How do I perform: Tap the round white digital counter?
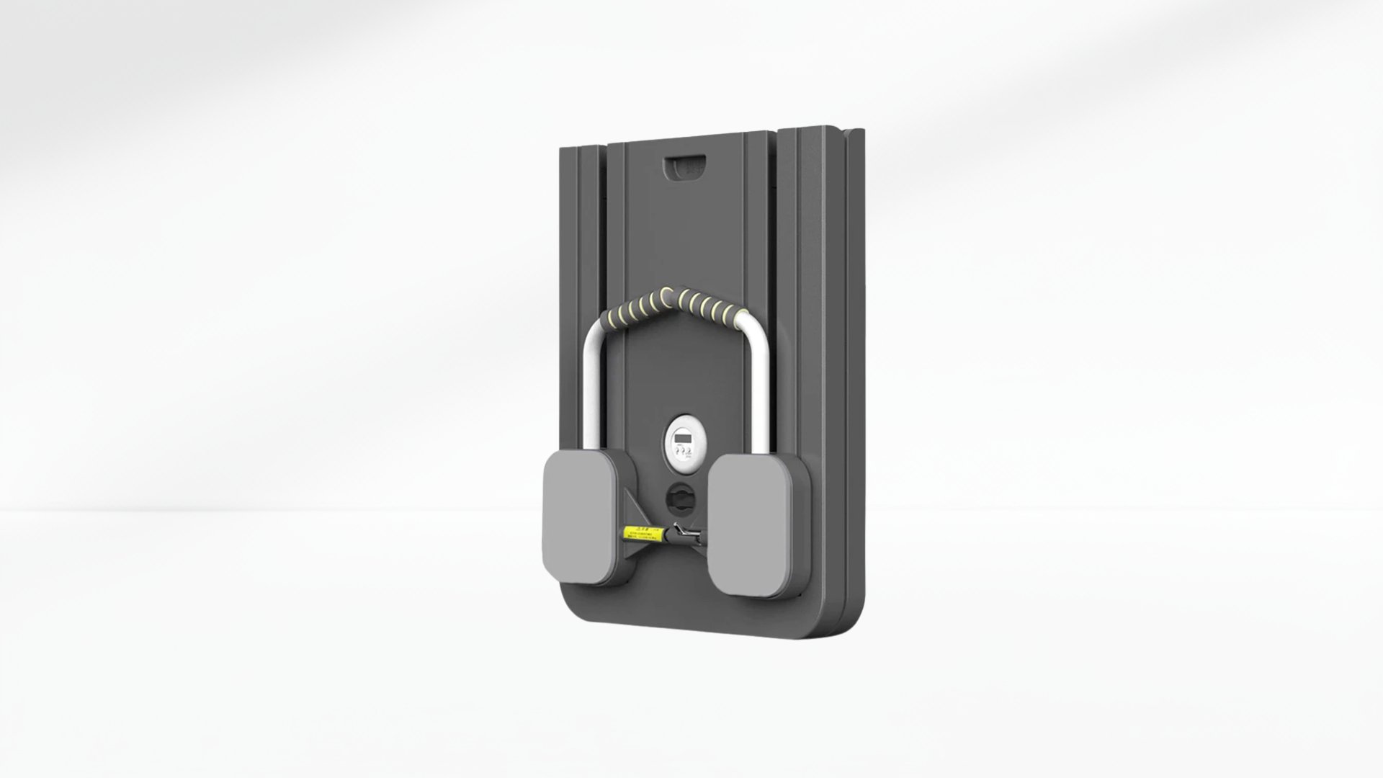tap(681, 439)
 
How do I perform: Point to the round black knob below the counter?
tap(680, 496)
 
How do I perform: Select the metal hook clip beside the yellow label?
tap(684, 535)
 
